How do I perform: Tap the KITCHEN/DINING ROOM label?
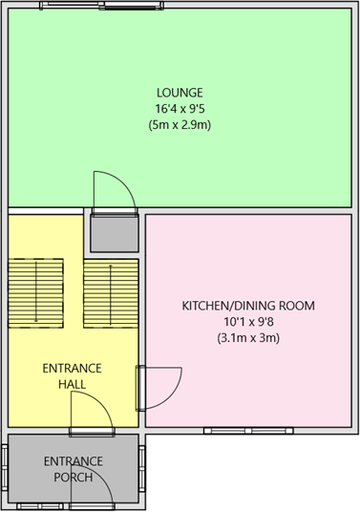click(248, 306)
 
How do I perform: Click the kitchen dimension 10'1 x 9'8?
click(248, 322)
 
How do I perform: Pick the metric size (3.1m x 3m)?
click(248, 338)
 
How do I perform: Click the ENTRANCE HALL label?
click(72, 376)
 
